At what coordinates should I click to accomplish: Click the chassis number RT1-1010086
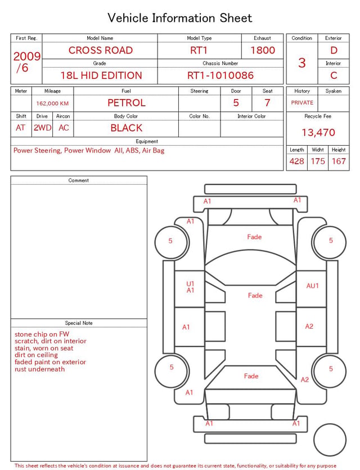point(220,75)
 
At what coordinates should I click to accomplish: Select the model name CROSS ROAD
point(101,50)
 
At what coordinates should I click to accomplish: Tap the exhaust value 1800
point(263,50)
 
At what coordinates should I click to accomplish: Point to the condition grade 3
point(302,63)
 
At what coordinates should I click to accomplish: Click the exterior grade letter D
point(334,50)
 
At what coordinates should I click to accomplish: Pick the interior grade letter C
point(334,75)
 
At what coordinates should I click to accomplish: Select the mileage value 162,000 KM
point(52,104)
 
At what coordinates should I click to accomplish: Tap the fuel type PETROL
point(127,103)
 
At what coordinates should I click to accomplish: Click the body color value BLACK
point(127,128)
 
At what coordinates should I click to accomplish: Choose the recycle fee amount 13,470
point(318,132)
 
